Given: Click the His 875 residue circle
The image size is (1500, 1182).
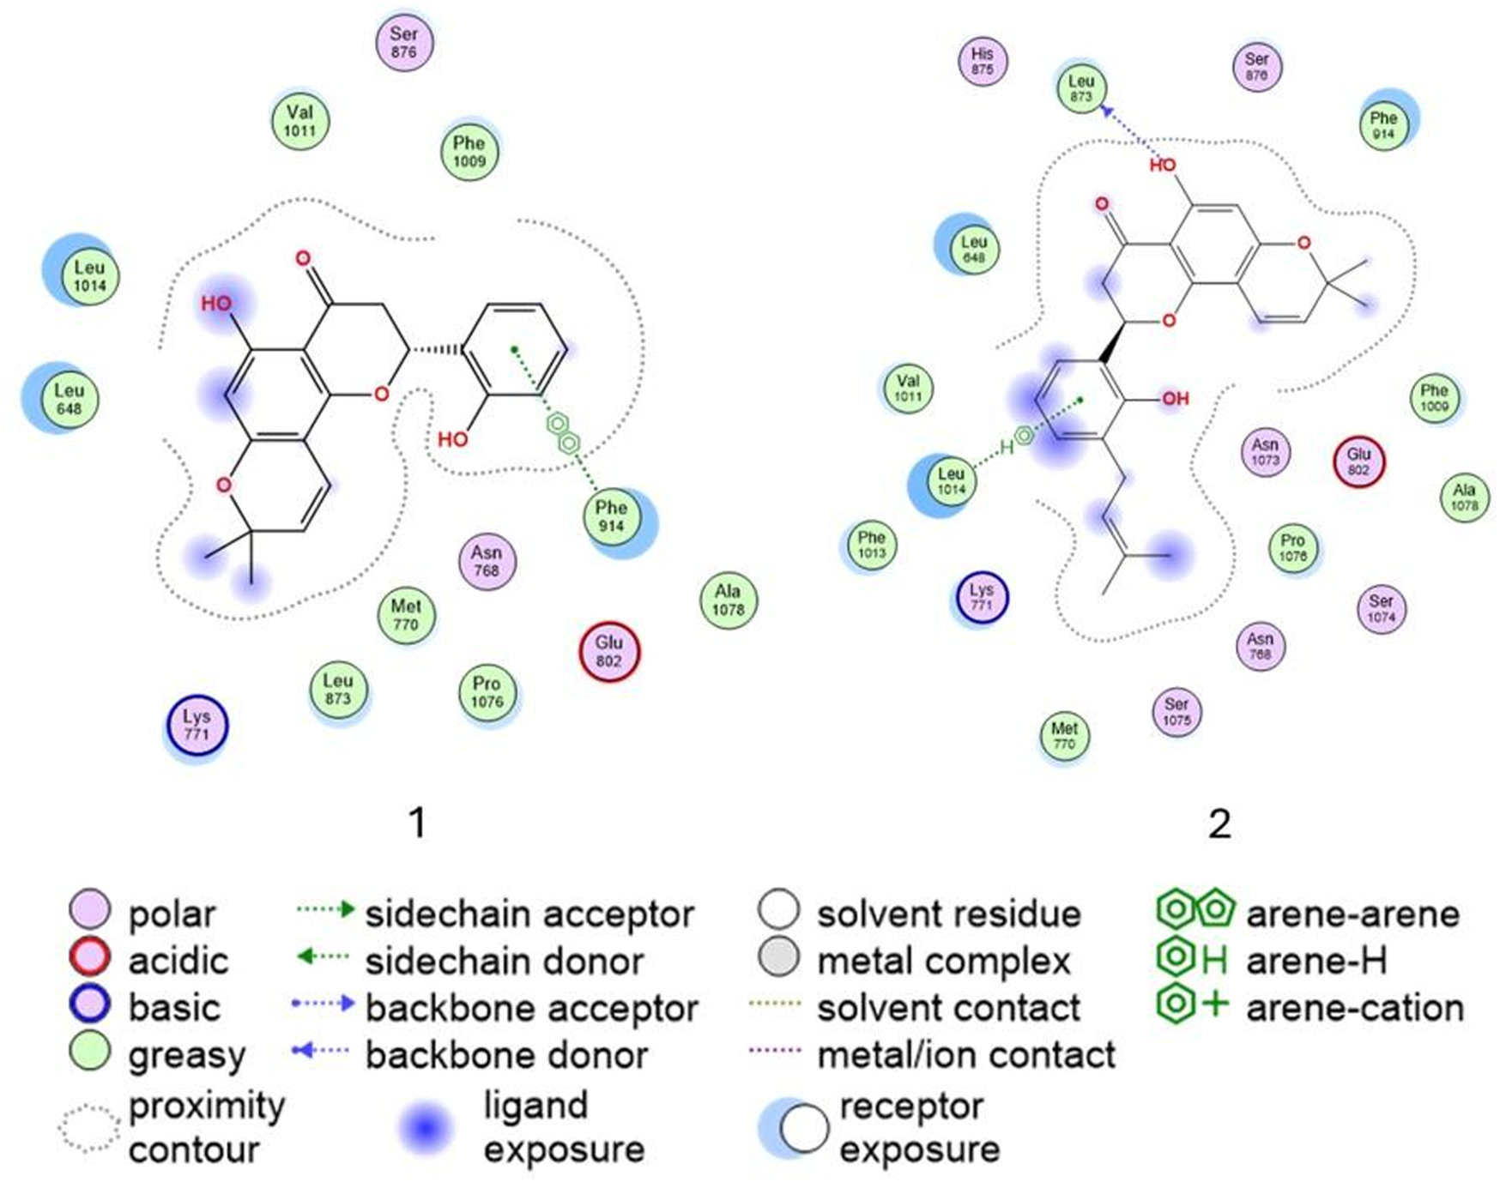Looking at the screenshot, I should (x=982, y=61).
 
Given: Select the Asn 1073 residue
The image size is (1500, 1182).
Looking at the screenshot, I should (x=1265, y=452).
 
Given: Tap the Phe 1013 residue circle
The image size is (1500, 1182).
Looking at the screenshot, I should (x=871, y=545).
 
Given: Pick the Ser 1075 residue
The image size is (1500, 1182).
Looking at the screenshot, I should (x=1176, y=712).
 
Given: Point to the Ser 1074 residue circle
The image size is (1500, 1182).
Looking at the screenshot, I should (x=1381, y=609).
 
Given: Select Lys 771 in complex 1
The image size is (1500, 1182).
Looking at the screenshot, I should (x=197, y=726).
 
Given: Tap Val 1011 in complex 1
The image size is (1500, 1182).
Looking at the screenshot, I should (x=299, y=121).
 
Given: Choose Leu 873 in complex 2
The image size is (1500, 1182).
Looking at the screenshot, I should (x=1080, y=88).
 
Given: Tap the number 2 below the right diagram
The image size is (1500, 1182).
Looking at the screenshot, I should (x=1219, y=824).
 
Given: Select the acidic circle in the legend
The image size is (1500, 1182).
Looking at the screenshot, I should (x=90, y=958).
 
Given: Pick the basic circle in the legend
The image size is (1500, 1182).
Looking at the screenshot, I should (x=90, y=1004).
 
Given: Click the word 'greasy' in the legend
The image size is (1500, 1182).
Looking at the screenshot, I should (x=187, y=1054).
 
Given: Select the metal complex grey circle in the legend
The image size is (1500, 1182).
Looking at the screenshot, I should (x=778, y=958).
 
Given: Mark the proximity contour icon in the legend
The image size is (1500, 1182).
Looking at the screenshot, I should (x=88, y=1128).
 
